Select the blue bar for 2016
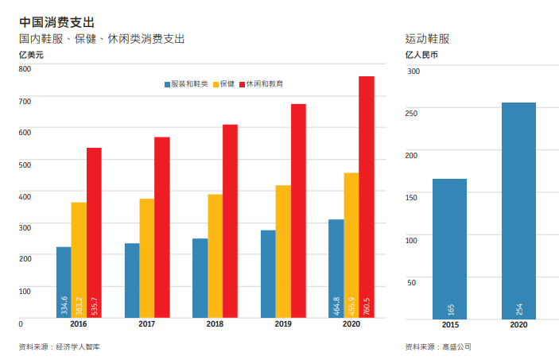[64, 282]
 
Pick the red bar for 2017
[162, 227]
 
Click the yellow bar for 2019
[283, 251]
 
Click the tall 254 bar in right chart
[518, 211]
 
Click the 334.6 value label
[64, 305]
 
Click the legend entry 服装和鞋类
[186, 83]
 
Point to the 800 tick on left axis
[25, 69]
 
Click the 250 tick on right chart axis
[411, 114]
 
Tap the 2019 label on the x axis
[283, 325]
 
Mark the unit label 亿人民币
[421, 55]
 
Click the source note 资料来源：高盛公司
[438, 346]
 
